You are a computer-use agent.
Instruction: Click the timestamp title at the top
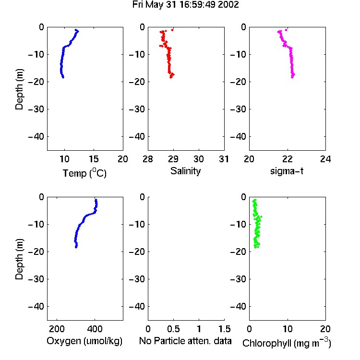185,5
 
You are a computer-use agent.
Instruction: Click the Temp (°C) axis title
84,173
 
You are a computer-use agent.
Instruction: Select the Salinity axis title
185,171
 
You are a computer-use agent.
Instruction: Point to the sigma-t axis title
287,171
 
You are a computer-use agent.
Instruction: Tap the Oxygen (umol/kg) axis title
84,341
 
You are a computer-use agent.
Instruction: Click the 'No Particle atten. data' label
185,341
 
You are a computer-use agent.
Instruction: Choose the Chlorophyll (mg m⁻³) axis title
287,343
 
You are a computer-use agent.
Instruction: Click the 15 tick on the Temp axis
94,159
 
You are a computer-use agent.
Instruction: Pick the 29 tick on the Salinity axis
173,159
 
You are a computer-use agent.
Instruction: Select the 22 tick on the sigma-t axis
287,159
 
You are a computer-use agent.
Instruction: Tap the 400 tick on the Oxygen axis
95,329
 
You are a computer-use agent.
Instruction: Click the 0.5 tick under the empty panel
173,329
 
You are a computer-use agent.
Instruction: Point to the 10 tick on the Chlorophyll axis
287,329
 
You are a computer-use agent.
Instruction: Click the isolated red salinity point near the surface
172,30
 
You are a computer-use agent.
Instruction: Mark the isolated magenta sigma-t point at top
286,30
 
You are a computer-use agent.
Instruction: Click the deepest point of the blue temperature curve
63,77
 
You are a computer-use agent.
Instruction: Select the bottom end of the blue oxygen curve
76,247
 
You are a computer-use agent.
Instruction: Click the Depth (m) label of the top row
19,89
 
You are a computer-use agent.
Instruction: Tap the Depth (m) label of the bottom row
19,259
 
